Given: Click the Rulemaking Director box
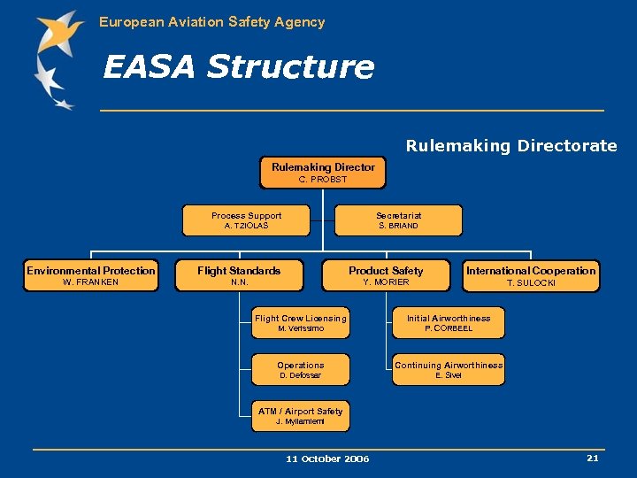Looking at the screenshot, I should [x=323, y=173].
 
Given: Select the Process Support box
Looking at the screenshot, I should [x=246, y=220].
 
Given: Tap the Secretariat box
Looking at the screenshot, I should [x=398, y=220].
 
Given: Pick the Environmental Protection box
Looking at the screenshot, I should [x=91, y=276].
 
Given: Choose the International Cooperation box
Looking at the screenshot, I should [x=531, y=276].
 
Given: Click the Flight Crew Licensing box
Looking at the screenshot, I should [x=301, y=323].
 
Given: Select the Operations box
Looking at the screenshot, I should [x=301, y=370].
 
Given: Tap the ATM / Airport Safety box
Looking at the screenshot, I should [x=301, y=416].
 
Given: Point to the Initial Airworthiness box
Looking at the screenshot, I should [x=449, y=323].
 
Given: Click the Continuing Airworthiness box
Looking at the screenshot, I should [x=449, y=370].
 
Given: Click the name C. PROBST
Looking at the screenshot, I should [x=323, y=180].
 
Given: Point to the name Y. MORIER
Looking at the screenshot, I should [x=386, y=282].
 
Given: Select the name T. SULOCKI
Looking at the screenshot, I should [x=531, y=283].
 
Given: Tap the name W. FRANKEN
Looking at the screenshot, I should [x=91, y=282].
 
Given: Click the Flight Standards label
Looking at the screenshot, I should [x=239, y=271].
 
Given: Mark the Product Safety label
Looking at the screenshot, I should [x=386, y=271].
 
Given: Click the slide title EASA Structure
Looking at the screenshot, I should [x=239, y=66].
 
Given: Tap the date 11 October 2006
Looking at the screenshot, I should [x=327, y=459].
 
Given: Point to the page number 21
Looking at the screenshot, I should [x=592, y=458].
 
